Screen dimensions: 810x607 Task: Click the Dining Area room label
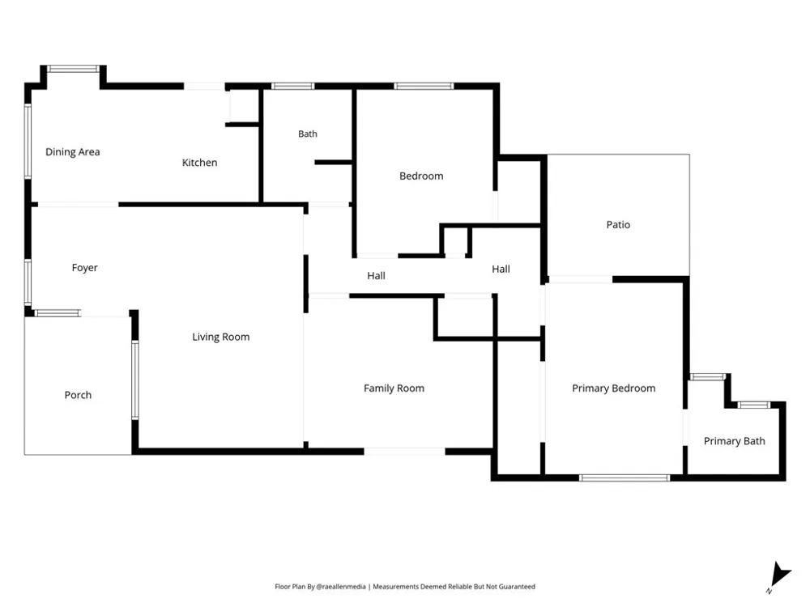[x=72, y=152]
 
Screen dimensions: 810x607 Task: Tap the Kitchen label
[x=199, y=163]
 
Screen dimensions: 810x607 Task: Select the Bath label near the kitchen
[x=307, y=134]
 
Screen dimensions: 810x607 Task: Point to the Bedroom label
[x=421, y=176]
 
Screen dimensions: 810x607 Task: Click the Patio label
[x=618, y=224]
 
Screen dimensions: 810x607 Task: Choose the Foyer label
[x=85, y=268]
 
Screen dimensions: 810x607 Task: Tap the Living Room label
[x=220, y=337]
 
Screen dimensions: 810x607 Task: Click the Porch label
[x=78, y=395]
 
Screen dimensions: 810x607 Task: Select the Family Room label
[x=394, y=388]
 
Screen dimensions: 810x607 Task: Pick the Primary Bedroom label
[x=614, y=388]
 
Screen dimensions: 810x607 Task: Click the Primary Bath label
[x=734, y=441]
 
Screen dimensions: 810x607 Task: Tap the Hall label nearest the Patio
[x=501, y=269]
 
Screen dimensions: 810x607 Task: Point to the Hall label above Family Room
[x=376, y=276]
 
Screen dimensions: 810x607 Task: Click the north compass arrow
[x=779, y=575]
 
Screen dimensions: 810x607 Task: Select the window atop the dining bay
[x=74, y=69]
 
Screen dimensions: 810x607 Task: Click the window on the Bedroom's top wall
[x=424, y=87]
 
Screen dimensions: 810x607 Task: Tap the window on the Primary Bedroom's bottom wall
[x=624, y=478]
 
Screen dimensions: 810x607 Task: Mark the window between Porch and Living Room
[x=135, y=380]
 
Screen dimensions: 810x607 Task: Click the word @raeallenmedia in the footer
[x=341, y=586]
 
